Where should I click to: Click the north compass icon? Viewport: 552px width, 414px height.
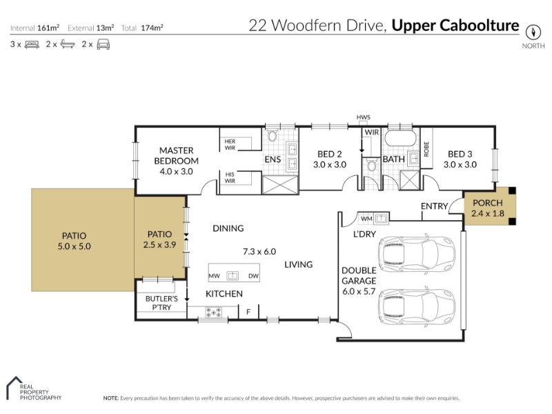[533, 32]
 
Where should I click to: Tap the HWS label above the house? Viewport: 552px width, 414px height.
[364, 117]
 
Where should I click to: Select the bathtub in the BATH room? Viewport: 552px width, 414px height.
[401, 139]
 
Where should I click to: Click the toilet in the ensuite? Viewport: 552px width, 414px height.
[272, 135]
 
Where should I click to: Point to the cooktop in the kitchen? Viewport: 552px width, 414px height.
[214, 313]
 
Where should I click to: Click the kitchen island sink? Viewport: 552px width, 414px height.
[233, 275]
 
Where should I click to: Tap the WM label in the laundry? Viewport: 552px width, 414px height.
[366, 219]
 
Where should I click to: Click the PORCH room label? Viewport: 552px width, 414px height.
[488, 203]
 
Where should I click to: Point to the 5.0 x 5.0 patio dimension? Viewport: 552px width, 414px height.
[75, 246]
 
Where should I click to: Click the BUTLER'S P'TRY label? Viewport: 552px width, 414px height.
[161, 303]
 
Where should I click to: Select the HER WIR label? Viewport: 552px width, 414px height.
[230, 145]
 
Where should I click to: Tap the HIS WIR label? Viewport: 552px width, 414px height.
[230, 177]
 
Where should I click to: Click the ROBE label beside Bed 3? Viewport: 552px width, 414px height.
[426, 149]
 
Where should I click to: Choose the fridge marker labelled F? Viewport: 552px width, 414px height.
[248, 312]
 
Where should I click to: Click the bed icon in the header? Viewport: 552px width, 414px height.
[32, 45]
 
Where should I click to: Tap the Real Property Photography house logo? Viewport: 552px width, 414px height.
[14, 388]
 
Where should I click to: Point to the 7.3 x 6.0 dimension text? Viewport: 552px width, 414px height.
[259, 252]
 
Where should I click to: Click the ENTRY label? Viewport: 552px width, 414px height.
[435, 206]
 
